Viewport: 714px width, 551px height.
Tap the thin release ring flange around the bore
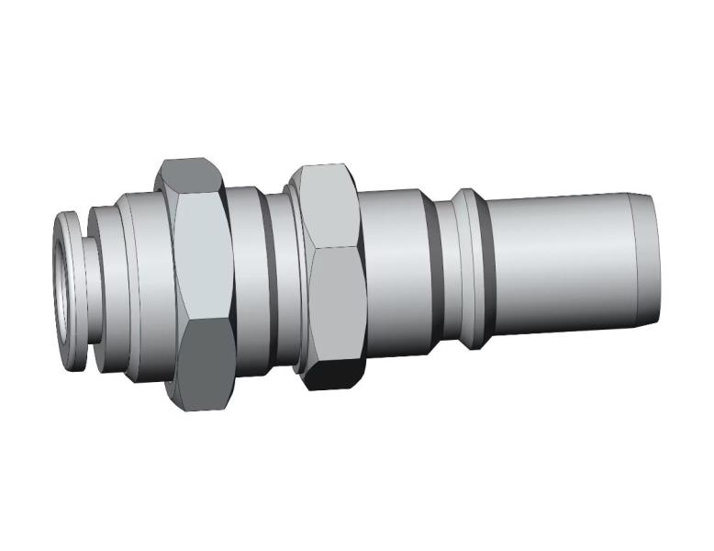(74, 230)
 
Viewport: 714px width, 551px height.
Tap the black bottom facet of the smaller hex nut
(329, 374)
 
